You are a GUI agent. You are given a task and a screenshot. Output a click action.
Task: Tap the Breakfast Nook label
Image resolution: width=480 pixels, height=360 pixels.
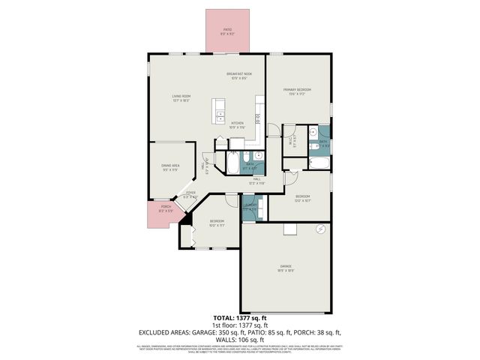239,74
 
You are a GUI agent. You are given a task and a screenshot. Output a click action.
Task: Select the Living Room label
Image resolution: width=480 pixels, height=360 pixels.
181,97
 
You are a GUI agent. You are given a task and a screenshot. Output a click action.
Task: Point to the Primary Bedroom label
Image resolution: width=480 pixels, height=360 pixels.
297,91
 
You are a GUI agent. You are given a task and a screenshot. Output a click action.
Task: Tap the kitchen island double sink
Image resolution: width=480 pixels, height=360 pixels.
220,115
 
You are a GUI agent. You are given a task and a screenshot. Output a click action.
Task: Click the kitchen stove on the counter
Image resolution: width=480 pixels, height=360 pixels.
257,118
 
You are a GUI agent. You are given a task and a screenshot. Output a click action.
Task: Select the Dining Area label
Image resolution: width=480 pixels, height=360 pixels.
169,167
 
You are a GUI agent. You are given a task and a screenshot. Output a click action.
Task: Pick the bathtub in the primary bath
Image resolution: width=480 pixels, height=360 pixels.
320,163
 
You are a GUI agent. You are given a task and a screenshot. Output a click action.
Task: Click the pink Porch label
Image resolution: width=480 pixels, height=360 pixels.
166,208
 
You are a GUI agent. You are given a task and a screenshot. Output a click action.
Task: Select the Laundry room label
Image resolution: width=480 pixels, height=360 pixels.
250,207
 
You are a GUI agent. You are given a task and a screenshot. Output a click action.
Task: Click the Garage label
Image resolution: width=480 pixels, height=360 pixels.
286,268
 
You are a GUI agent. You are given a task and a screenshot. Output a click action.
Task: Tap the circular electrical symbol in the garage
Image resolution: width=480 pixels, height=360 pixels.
320,229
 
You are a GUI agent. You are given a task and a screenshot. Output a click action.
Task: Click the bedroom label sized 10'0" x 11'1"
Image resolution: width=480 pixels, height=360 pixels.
217,223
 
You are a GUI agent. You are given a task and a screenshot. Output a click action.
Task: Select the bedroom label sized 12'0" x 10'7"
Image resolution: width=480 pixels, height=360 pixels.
301,199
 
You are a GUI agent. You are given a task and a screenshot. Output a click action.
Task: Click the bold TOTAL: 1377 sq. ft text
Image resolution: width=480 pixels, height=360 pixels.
239,319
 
